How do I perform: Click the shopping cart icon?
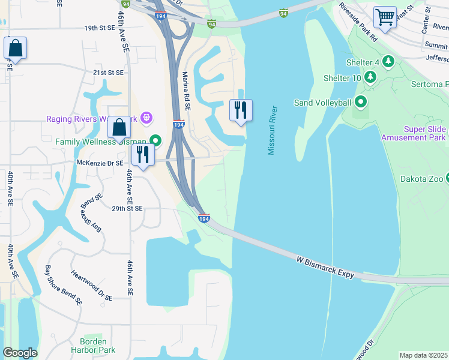click(x=385, y=16)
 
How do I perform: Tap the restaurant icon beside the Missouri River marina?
click(x=241, y=110)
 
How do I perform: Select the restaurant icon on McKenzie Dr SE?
click(x=143, y=155)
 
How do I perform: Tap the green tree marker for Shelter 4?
click(x=388, y=61)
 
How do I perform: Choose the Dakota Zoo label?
click(x=422, y=179)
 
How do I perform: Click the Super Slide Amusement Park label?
click(x=414, y=133)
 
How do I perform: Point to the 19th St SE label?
click(x=100, y=28)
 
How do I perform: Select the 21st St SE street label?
click(x=108, y=72)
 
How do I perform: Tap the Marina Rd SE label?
click(x=187, y=91)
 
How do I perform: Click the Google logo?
click(x=20, y=353)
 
